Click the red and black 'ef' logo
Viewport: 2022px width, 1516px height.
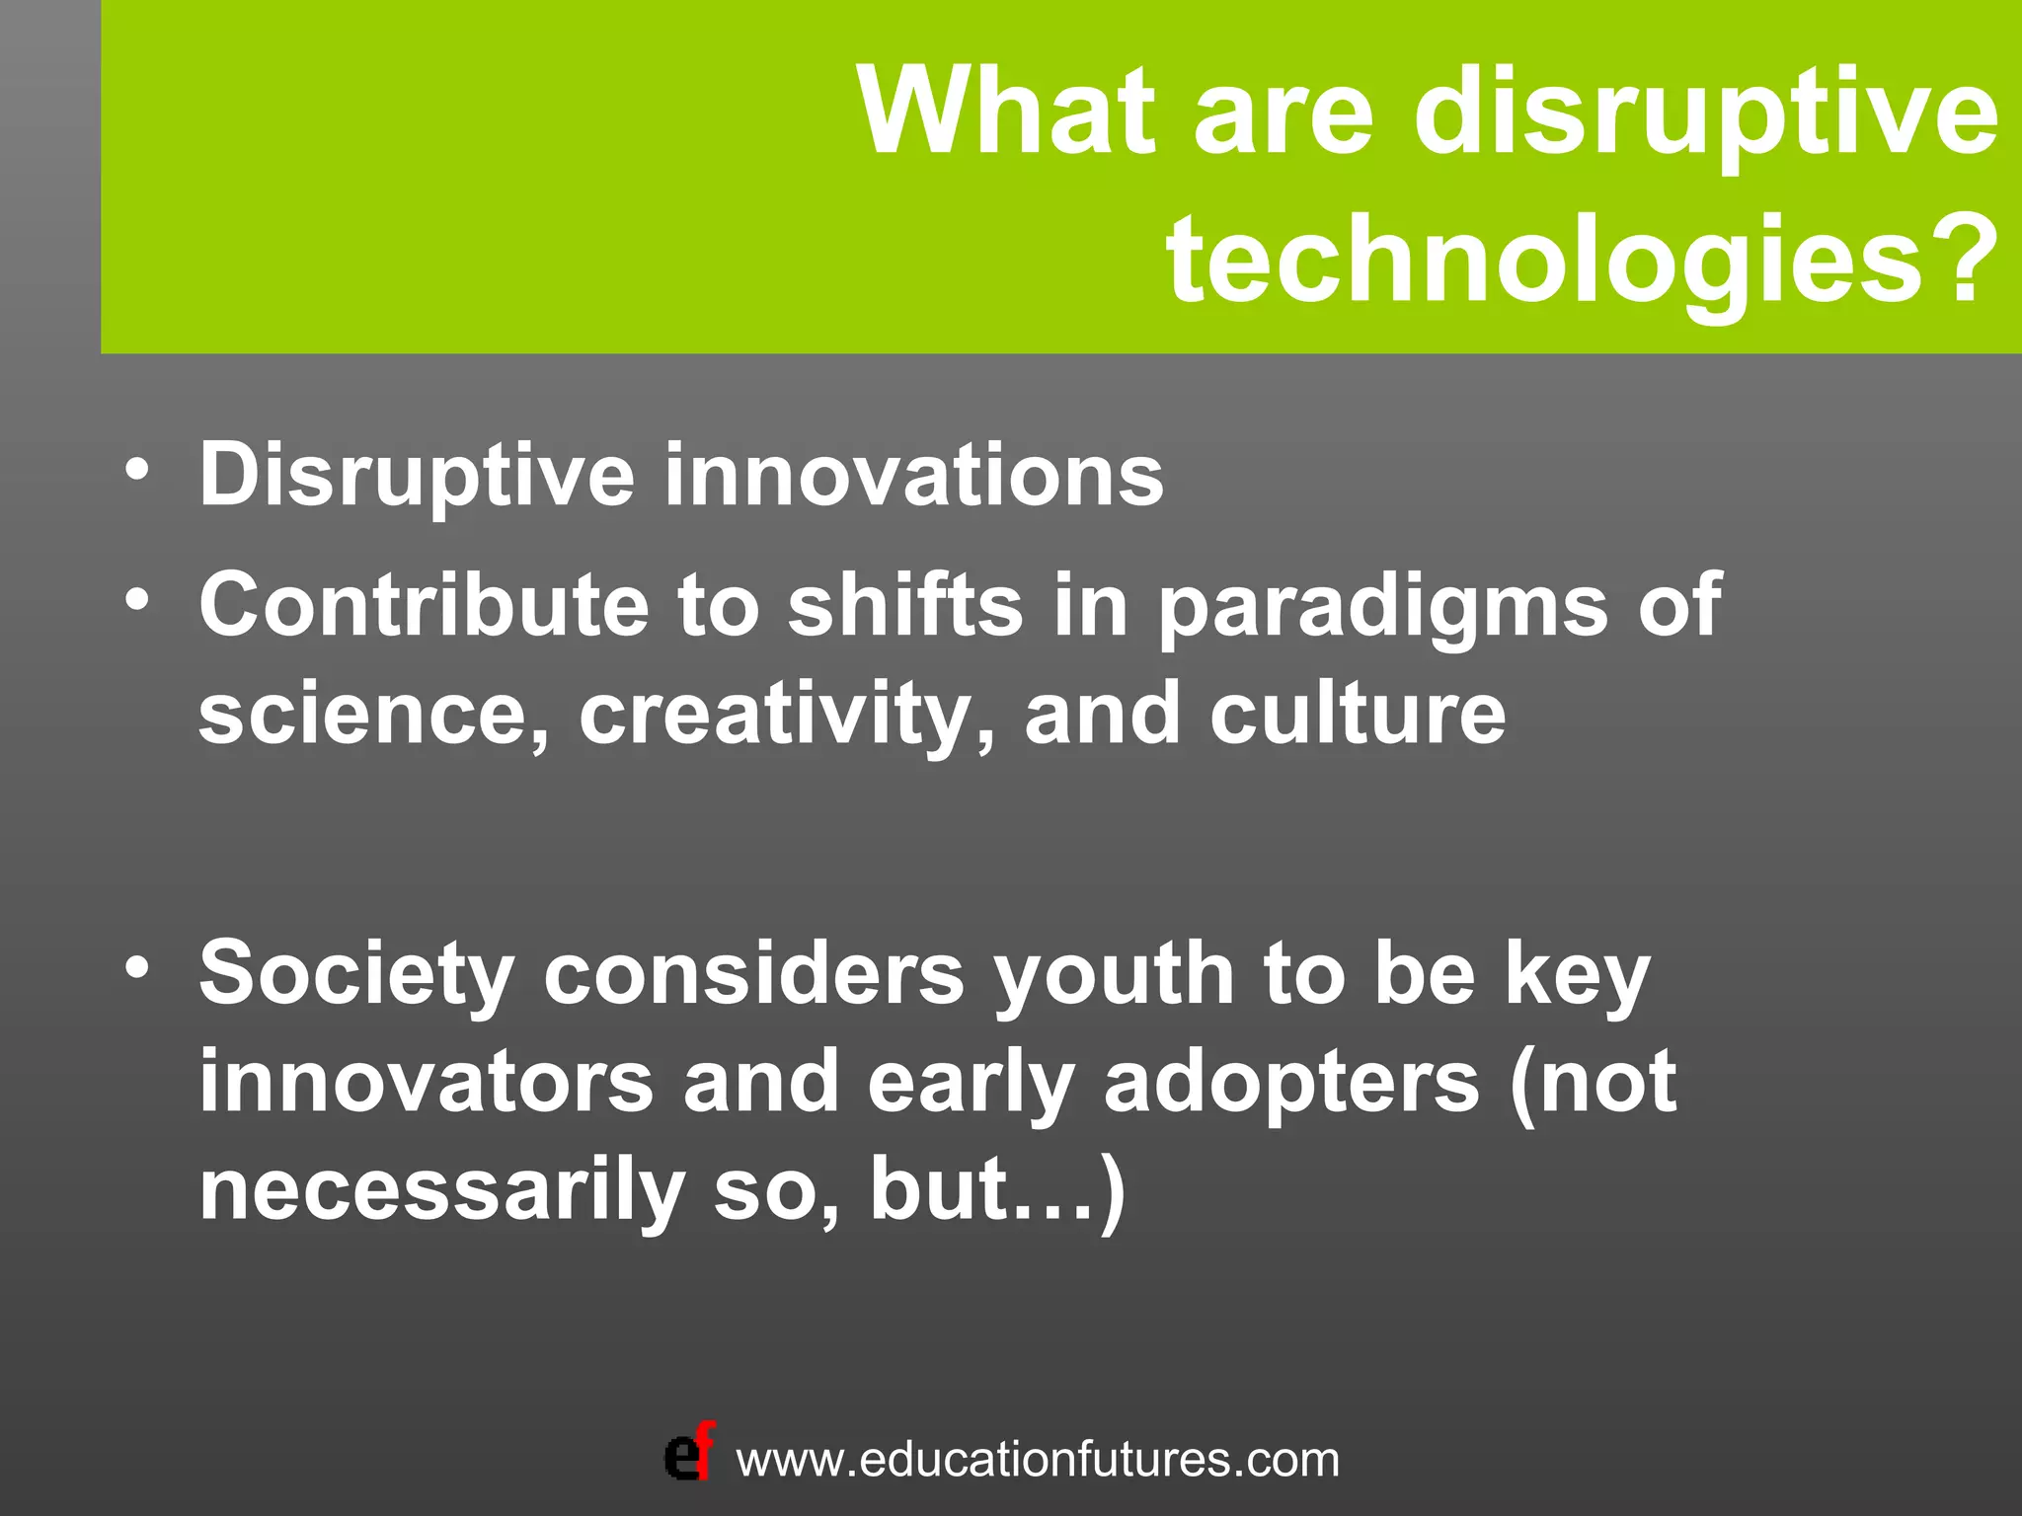tap(689, 1454)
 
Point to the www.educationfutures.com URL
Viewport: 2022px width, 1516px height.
tap(1038, 1460)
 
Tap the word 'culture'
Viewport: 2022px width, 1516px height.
tap(1358, 714)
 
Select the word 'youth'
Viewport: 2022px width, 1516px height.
tap(1114, 976)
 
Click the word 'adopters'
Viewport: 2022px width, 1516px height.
tap(1291, 1084)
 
